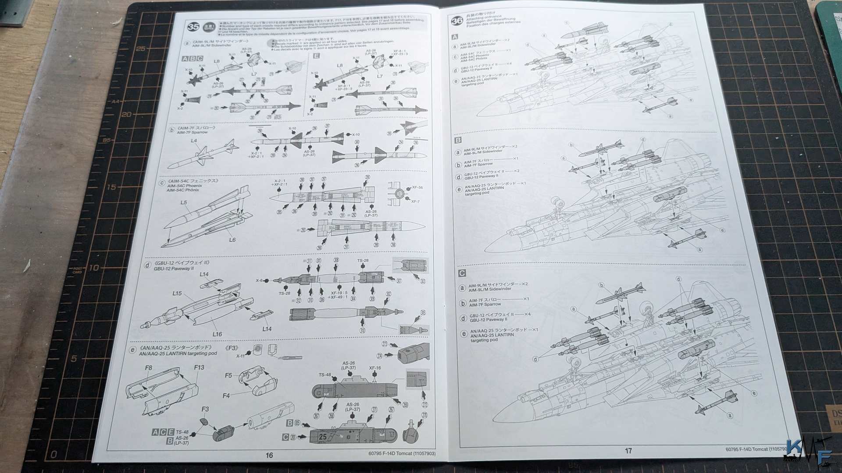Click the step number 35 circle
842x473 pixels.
point(193,26)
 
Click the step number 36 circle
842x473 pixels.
point(457,21)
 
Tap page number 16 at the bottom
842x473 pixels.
point(269,455)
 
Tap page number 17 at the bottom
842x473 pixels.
point(628,451)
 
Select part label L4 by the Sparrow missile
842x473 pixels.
point(194,141)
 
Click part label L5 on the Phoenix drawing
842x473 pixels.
point(183,202)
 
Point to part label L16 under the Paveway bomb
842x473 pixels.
point(217,334)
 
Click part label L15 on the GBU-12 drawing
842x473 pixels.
point(177,293)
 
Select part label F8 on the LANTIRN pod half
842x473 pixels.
point(148,368)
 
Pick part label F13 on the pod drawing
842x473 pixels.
point(199,367)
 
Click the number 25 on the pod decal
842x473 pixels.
point(323,437)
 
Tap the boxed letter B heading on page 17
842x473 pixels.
point(458,140)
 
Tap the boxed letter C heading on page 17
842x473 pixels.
point(462,273)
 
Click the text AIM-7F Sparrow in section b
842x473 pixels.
point(192,132)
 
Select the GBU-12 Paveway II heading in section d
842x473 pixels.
point(174,268)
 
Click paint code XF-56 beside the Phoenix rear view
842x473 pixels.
point(417,187)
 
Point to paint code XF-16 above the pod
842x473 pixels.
point(375,368)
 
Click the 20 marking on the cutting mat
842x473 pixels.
point(126,114)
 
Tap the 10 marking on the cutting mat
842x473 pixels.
point(94,268)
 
